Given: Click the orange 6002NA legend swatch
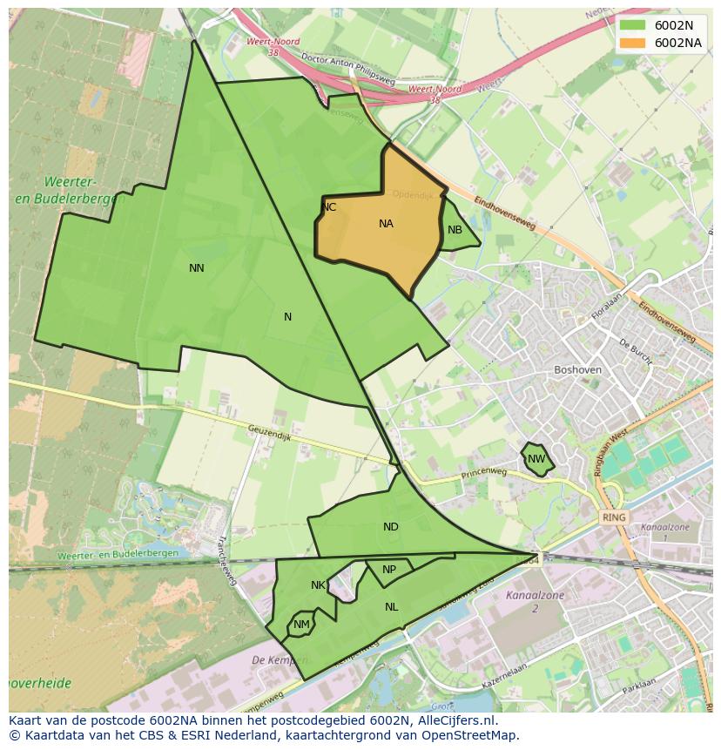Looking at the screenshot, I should tap(633, 43).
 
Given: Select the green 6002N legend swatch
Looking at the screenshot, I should tap(633, 25).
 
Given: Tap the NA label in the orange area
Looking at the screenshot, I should tap(386, 224).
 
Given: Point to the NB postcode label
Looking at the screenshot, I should tap(455, 230).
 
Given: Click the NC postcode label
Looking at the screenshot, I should tap(328, 207).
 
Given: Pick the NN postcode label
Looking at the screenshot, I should tap(197, 268).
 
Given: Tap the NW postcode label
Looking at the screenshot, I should tap(536, 459).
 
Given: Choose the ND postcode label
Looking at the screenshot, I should tap(390, 527).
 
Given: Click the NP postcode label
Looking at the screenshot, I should tap(389, 570).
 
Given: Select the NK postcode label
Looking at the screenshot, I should tap(318, 585).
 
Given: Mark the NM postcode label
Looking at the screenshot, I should tap(301, 625).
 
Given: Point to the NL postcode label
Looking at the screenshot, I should tap(391, 607).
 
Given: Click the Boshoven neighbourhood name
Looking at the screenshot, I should tap(577, 369).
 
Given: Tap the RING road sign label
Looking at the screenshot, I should tap(614, 517).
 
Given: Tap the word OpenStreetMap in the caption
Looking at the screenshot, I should tap(475, 734).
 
